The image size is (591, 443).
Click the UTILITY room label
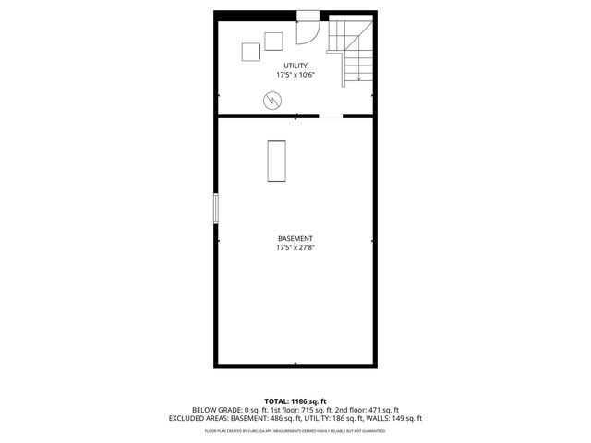point(295,66)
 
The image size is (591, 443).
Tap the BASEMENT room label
point(295,239)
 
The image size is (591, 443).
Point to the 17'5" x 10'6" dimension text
point(295,75)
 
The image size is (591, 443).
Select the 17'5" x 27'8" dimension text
point(295,248)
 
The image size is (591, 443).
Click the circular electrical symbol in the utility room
point(272,100)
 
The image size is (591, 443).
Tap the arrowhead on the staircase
point(357,82)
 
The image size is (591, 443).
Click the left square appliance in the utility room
point(251,53)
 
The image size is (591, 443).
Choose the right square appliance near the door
point(273,41)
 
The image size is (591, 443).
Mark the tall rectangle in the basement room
point(276,160)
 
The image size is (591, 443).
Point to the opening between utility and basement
point(331,116)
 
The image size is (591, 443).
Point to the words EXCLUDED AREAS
point(199,418)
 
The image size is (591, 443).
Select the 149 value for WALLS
point(375,418)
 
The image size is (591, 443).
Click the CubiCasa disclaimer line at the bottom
point(295,430)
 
